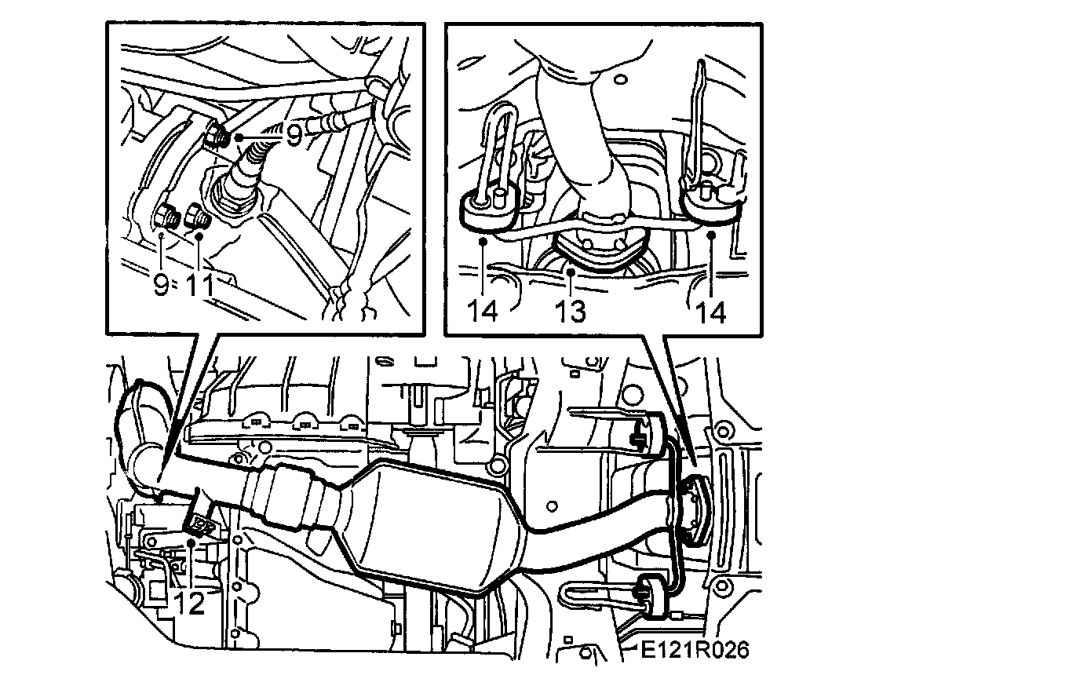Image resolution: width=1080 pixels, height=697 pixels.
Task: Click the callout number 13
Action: [571, 311]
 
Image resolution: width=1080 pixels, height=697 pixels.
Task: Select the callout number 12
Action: [189, 603]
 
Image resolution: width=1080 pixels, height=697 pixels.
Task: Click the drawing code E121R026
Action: [695, 650]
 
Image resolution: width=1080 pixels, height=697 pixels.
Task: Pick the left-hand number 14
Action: [482, 311]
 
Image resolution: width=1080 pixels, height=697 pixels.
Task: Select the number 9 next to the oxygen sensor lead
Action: [294, 136]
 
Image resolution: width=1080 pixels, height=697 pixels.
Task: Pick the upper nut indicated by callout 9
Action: [215, 135]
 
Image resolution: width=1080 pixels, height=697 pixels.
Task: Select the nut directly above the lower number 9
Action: [167, 216]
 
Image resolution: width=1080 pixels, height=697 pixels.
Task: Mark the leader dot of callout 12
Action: [192, 542]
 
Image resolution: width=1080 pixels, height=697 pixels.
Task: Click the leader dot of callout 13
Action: [571, 272]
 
